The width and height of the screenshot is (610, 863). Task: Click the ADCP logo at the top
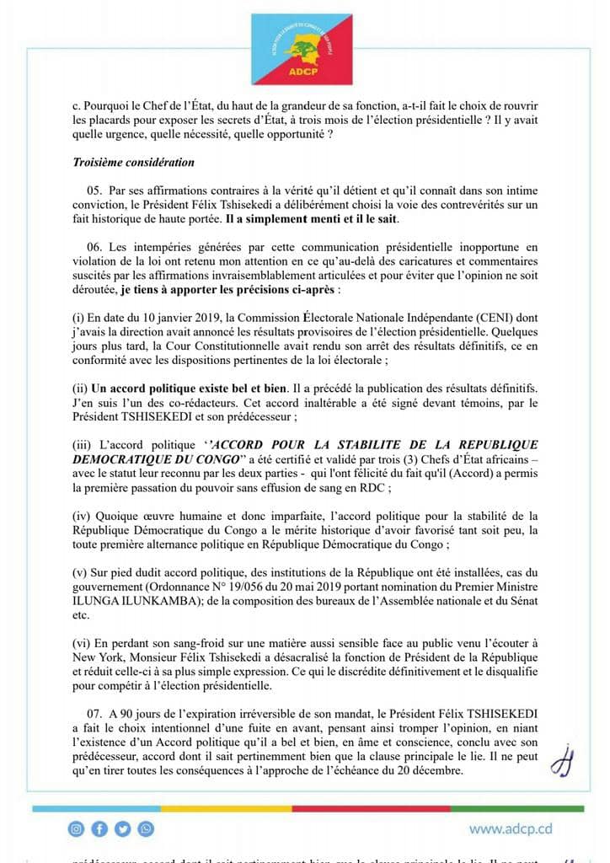click(x=304, y=49)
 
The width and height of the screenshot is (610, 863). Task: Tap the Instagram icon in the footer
click(x=77, y=829)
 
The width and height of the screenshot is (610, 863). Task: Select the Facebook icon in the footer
click(x=99, y=829)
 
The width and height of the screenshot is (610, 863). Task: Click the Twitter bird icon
click(x=123, y=829)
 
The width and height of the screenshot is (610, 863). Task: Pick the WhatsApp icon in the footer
click(x=146, y=829)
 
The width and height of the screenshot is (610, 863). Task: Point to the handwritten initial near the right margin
click(x=559, y=761)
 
